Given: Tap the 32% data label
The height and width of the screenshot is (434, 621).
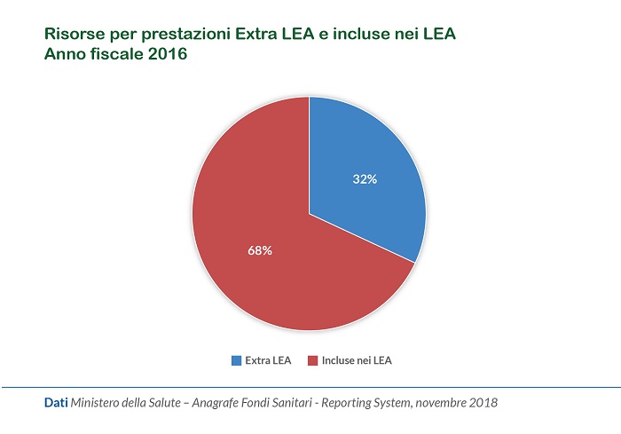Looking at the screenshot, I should pyautogui.click(x=365, y=179).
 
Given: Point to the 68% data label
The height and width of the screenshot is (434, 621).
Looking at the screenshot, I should pyautogui.click(x=260, y=250).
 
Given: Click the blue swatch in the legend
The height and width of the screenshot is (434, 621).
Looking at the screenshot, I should pyautogui.click(x=236, y=361).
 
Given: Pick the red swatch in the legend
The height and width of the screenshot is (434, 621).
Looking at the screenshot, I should pyautogui.click(x=312, y=361).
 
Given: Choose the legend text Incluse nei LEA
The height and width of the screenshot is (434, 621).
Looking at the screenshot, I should pyautogui.click(x=356, y=361).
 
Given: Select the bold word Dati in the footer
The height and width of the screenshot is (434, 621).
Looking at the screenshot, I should pyautogui.click(x=55, y=403).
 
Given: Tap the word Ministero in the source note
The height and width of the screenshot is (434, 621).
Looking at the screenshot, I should pyautogui.click(x=99, y=403).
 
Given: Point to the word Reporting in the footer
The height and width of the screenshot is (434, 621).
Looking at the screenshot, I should pyautogui.click(x=358, y=403).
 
